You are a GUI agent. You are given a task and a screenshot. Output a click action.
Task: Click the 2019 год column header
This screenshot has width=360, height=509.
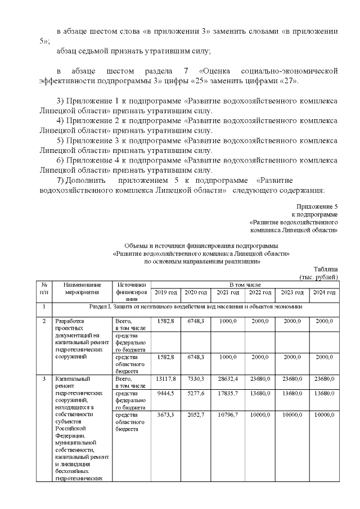point(166,292)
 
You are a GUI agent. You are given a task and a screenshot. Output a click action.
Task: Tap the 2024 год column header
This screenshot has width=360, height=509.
point(324,292)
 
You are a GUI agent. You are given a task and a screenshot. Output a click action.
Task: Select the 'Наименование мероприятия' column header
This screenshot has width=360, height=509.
point(82,289)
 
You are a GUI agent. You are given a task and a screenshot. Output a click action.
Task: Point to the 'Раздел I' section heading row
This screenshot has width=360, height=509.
point(196,307)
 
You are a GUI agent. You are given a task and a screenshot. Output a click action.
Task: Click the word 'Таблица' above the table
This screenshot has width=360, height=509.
point(326,269)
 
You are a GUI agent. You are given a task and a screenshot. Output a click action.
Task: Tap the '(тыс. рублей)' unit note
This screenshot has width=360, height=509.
point(319,277)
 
